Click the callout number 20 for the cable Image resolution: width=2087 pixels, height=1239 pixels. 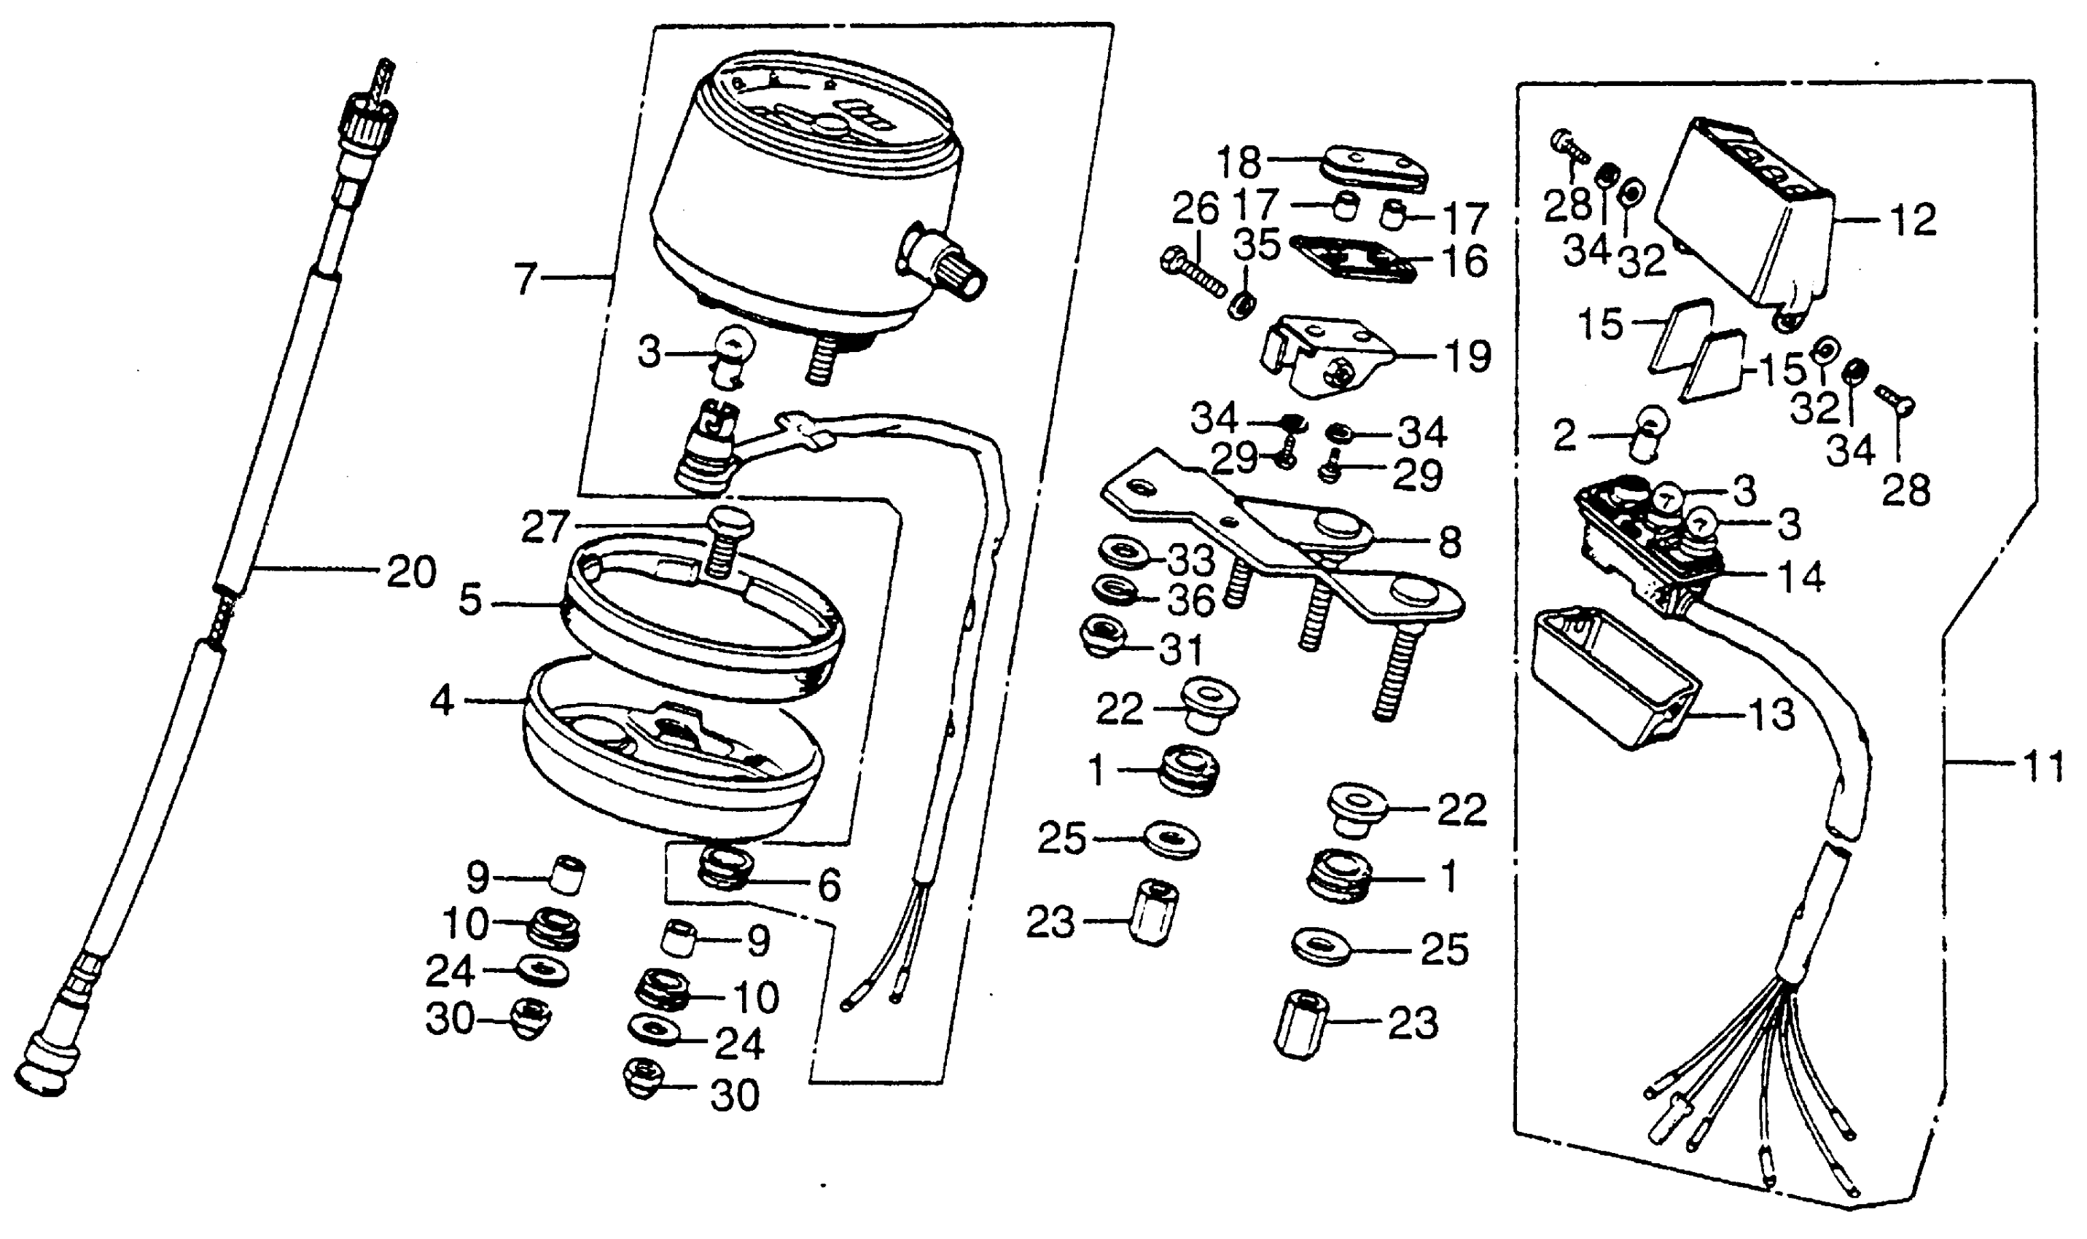pos(410,573)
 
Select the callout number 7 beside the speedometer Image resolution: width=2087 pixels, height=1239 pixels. pos(524,280)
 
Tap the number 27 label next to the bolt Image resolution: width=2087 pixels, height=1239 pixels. pos(545,528)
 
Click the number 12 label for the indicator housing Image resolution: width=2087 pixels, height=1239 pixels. pos(1912,220)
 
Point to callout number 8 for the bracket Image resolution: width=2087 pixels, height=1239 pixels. pos(1450,543)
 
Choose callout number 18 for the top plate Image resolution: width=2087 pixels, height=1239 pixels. pos(1238,162)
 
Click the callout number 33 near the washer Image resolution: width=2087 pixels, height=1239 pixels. pos(1190,561)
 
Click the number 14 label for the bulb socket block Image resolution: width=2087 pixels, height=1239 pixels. pos(1800,577)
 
